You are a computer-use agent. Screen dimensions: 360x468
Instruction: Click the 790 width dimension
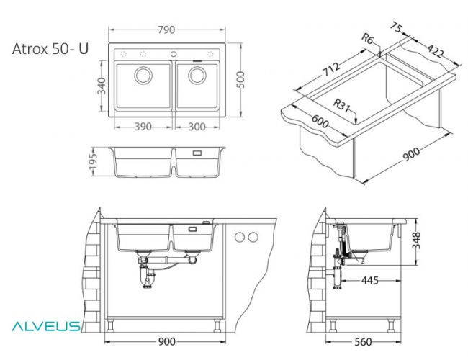(x=167, y=31)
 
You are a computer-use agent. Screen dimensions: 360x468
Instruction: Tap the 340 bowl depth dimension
(x=102, y=86)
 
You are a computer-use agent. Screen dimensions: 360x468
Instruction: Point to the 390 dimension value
(x=143, y=126)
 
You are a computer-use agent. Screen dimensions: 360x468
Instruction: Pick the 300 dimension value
(x=197, y=126)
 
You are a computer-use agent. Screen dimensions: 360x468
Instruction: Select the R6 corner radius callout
(x=368, y=40)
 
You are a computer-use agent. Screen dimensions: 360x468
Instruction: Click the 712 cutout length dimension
(x=330, y=71)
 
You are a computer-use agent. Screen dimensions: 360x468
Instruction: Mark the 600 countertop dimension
(x=321, y=123)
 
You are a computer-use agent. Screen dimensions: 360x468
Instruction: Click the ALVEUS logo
(x=45, y=326)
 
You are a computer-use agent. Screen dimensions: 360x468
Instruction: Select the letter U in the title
(x=84, y=49)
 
